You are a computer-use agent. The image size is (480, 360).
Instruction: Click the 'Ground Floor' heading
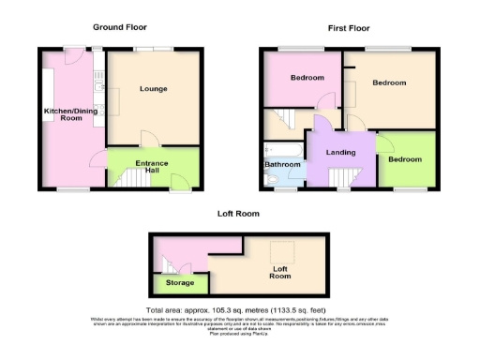[x=119, y=27]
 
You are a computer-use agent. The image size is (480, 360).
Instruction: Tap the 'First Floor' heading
[x=349, y=29]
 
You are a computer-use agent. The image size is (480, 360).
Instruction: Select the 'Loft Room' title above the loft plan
[x=238, y=214]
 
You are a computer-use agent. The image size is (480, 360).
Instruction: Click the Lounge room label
[x=154, y=90]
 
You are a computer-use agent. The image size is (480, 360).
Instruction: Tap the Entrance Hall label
[x=152, y=168]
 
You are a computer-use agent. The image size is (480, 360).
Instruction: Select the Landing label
[x=340, y=152]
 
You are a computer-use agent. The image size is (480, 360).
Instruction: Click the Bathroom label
[x=281, y=166]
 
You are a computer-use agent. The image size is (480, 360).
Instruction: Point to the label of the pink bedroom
[x=307, y=77]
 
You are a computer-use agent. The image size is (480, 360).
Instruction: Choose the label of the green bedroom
[x=406, y=159]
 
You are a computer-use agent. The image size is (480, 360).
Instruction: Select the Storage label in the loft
[x=180, y=282]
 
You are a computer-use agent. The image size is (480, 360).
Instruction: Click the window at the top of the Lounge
[x=152, y=49]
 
